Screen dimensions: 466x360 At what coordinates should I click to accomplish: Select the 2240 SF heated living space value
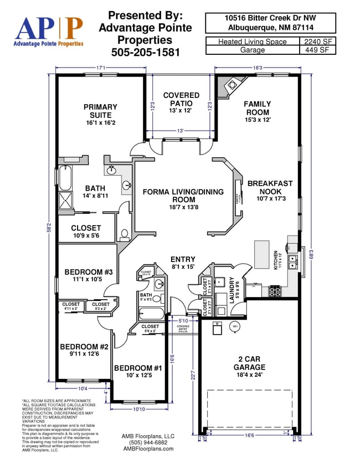click(318, 42)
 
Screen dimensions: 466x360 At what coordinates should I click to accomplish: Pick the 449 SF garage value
click(318, 50)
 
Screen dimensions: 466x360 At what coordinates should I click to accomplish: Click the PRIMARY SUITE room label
click(100, 111)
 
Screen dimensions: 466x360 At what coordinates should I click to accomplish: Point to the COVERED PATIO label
click(181, 100)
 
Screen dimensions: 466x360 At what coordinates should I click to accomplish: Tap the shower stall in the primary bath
click(65, 200)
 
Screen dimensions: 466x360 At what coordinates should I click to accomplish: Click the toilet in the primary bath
click(125, 234)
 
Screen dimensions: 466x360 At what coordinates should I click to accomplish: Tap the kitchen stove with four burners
click(275, 289)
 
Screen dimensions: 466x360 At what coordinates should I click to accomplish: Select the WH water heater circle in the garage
click(235, 327)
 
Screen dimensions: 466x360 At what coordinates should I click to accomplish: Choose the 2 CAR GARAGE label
click(249, 363)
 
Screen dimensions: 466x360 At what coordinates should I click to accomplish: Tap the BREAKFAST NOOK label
click(270, 187)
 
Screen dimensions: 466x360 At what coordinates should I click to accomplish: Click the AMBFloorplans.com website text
click(148, 449)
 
